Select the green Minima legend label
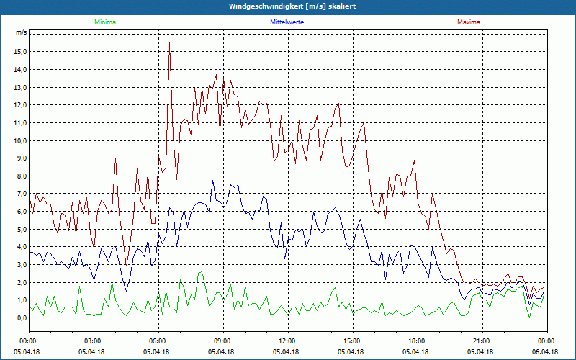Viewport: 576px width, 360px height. (104, 22)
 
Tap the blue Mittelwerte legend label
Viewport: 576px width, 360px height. (287, 22)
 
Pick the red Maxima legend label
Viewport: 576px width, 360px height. (469, 22)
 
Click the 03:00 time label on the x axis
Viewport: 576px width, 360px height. (93, 341)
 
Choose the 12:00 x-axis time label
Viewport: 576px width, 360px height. (287, 341)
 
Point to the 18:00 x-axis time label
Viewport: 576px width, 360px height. (417, 341)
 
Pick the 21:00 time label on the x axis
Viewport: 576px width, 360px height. (482, 341)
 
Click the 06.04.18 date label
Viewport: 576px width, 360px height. (546, 352)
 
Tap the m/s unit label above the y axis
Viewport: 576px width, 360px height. (22, 33)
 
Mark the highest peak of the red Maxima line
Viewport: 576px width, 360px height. (169, 43)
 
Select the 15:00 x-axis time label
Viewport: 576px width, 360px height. (352, 341)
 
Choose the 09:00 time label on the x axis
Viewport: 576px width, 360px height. (222, 341)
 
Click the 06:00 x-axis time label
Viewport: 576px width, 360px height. (158, 341)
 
